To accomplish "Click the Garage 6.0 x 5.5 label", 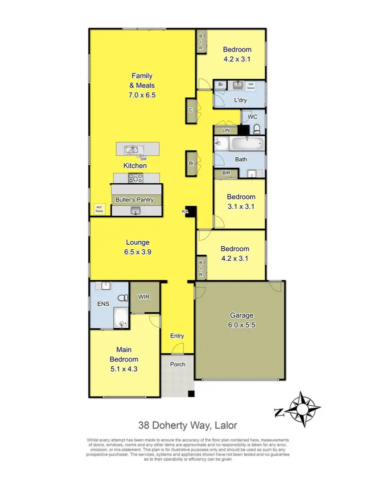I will click(x=241, y=320).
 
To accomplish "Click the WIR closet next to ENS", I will click(x=144, y=297).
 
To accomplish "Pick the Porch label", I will click(x=177, y=364).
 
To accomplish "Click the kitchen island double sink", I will click(x=132, y=149).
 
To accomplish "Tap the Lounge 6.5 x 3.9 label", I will click(x=138, y=247).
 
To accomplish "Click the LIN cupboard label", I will click(x=219, y=130).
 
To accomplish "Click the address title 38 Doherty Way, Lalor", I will click(x=187, y=426).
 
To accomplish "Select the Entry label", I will click(x=177, y=336).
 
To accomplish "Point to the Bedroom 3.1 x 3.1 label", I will click(x=241, y=201).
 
